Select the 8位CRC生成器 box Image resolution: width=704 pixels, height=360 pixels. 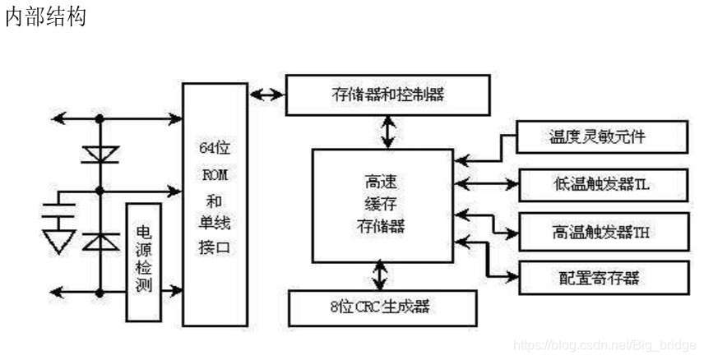(x=383, y=307)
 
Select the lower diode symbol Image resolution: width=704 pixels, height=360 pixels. (x=100, y=240)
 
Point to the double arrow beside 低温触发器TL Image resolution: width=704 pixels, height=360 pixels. (x=485, y=182)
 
